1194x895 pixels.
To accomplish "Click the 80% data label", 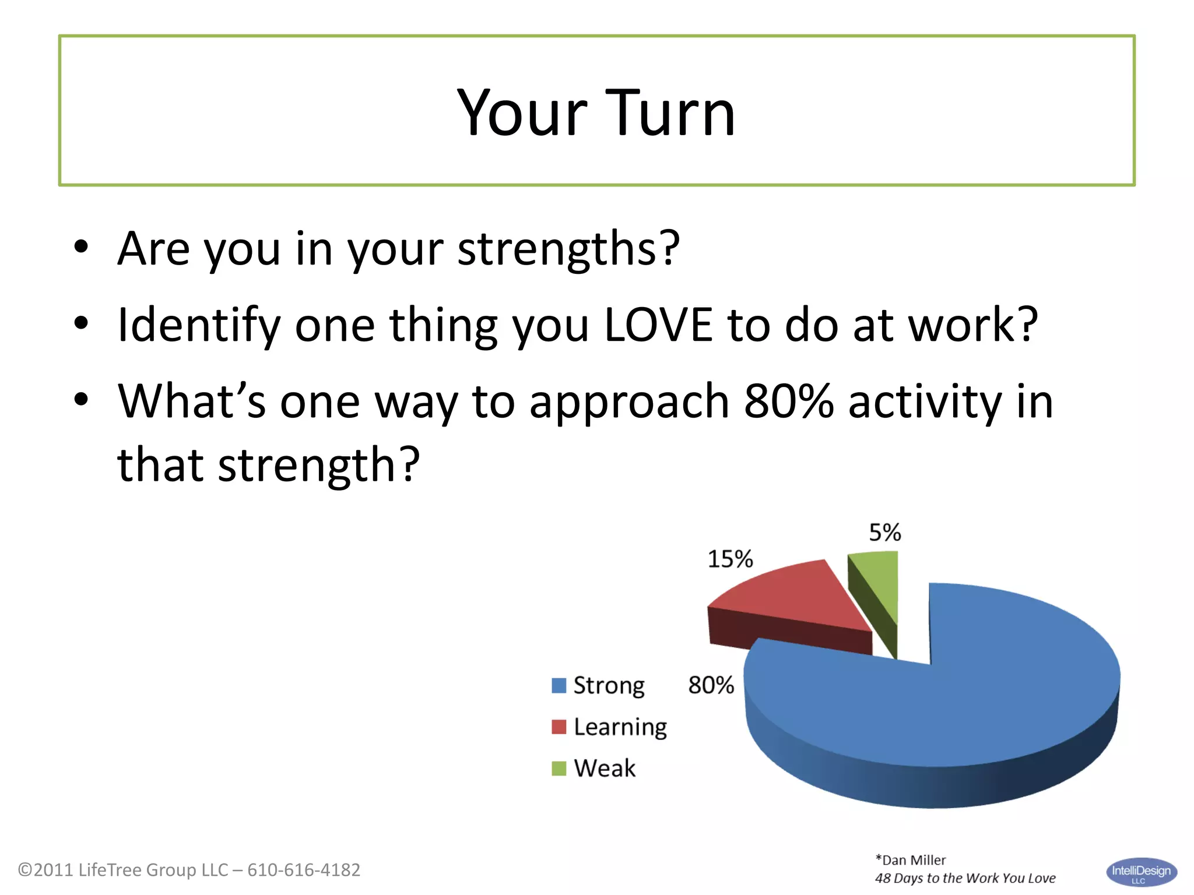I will [711, 685].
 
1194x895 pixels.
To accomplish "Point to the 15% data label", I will [730, 559].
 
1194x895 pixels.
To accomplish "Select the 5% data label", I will [884, 533].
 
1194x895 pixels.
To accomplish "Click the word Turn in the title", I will [664, 113].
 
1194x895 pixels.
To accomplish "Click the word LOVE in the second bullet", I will [658, 325].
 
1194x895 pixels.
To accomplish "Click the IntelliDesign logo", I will [1141, 872].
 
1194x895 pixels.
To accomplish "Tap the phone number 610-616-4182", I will [304, 870].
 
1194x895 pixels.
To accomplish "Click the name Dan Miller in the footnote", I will [914, 860].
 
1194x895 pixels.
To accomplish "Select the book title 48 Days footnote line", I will [965, 878].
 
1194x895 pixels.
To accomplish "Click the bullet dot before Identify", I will [81, 323].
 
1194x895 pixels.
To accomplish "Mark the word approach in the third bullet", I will [629, 402].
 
